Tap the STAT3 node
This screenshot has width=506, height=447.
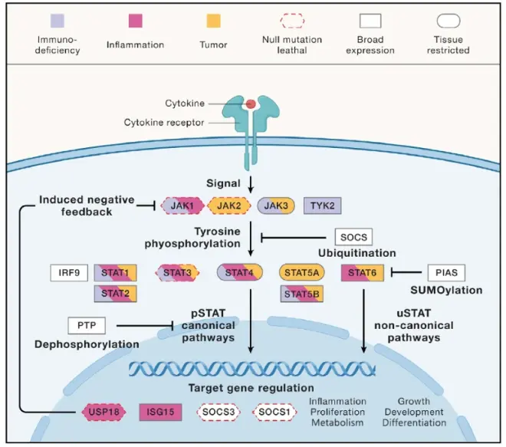point(178,272)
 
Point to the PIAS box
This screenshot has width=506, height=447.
point(446,272)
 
